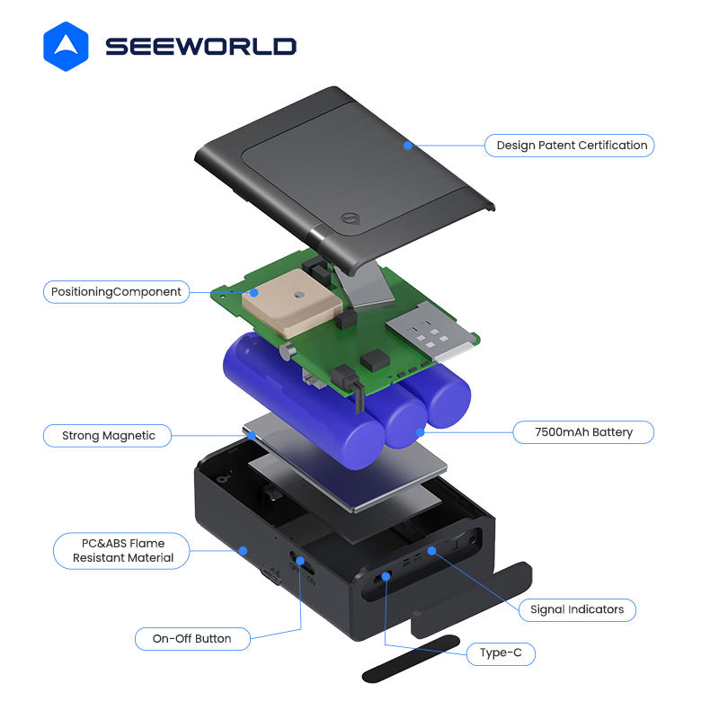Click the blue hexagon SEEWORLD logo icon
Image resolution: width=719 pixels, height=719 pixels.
(66, 46)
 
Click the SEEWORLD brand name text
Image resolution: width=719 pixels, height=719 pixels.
(200, 47)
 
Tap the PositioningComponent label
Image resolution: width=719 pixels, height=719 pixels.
(116, 291)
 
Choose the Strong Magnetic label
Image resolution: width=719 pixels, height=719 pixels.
(109, 436)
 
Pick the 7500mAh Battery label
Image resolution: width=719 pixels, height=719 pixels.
(582, 432)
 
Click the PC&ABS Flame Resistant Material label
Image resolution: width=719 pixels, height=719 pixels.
(123, 550)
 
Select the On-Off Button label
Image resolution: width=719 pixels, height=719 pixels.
(191, 639)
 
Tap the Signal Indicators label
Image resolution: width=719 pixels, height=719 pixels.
(577, 609)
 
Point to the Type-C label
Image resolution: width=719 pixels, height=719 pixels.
(501, 653)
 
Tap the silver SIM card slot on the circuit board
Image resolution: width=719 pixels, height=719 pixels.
(429, 336)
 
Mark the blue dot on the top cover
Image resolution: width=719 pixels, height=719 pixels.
(407, 144)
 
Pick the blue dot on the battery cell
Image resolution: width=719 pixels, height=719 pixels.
(419, 433)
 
